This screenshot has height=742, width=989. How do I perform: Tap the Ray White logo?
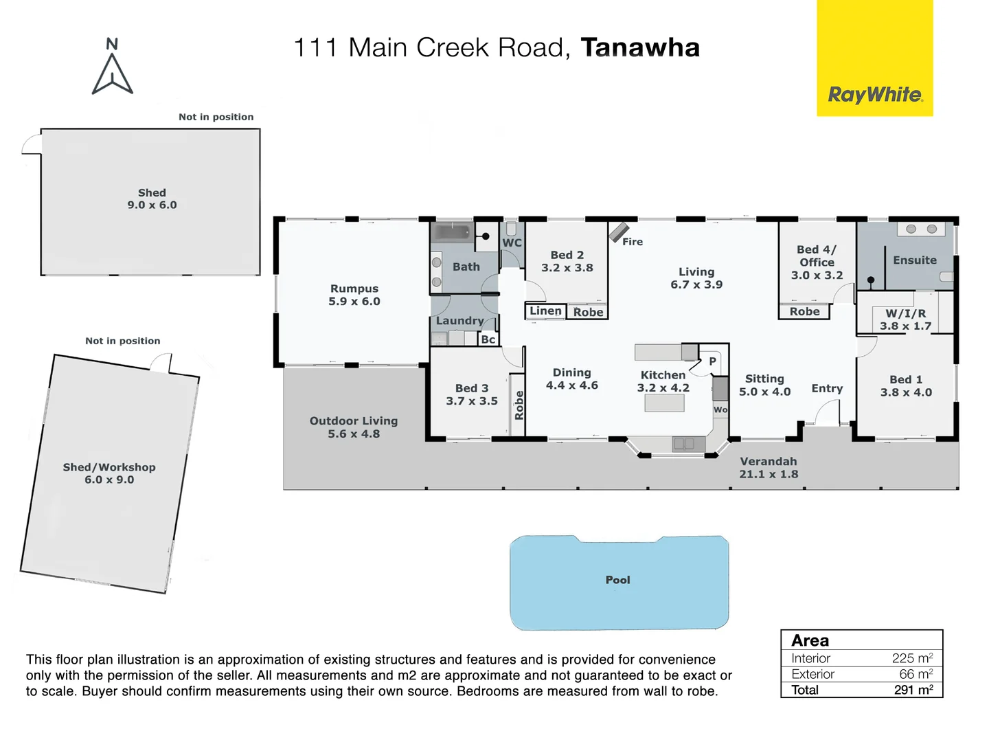pos(875,95)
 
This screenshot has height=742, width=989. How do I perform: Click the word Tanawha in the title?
pos(640,47)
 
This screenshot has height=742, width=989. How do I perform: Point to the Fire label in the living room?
pos(633,242)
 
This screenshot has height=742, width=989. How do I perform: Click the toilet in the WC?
pos(511,228)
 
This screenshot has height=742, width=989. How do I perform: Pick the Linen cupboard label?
pos(545,311)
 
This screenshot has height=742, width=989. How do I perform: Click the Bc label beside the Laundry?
pos(488,339)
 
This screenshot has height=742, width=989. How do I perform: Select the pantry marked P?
pos(712,361)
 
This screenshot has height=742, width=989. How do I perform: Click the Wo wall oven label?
pos(720,410)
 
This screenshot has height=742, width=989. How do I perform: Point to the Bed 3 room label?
pos(472,388)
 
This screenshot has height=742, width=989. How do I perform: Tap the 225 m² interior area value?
pos(912,658)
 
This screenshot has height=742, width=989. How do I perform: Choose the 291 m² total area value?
pos(913,690)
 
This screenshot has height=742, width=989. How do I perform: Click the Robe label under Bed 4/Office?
pos(804,312)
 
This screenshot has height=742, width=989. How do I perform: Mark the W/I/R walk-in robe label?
pos(905,313)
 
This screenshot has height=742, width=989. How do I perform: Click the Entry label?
pos(827,389)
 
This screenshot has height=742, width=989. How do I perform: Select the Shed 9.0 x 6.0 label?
pos(152,199)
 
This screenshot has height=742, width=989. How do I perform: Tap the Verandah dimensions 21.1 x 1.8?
pos(769,474)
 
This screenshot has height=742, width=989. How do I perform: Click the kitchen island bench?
pos(664,403)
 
